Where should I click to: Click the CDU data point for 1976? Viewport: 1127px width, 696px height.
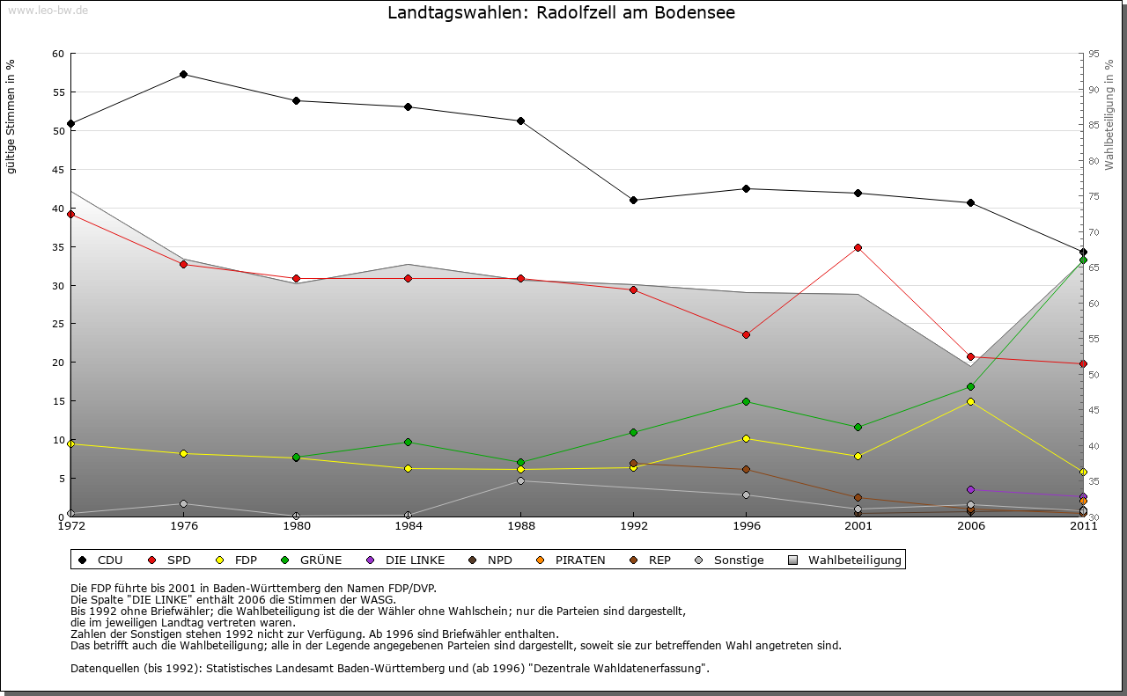point(183,74)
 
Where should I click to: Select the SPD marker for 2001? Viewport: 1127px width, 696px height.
point(858,247)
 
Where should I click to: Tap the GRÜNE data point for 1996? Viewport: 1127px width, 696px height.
point(746,401)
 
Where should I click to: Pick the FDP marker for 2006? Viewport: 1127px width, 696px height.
point(971,401)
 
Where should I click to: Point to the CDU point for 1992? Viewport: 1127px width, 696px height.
point(633,200)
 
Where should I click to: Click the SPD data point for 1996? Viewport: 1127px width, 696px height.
point(746,334)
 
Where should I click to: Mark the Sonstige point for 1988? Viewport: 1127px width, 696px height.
point(520,480)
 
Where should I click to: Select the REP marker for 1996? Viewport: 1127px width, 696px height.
point(746,470)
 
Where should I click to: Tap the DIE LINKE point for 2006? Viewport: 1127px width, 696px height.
point(971,489)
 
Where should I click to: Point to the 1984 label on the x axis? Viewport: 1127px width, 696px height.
point(409,526)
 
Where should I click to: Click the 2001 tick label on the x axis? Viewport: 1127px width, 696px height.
point(858,526)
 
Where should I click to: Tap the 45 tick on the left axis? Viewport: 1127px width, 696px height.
point(58,170)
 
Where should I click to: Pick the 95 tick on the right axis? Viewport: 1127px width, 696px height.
point(1094,54)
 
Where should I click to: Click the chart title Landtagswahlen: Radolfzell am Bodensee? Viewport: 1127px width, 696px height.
point(562,13)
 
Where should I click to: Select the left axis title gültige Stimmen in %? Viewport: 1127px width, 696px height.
point(11,116)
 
